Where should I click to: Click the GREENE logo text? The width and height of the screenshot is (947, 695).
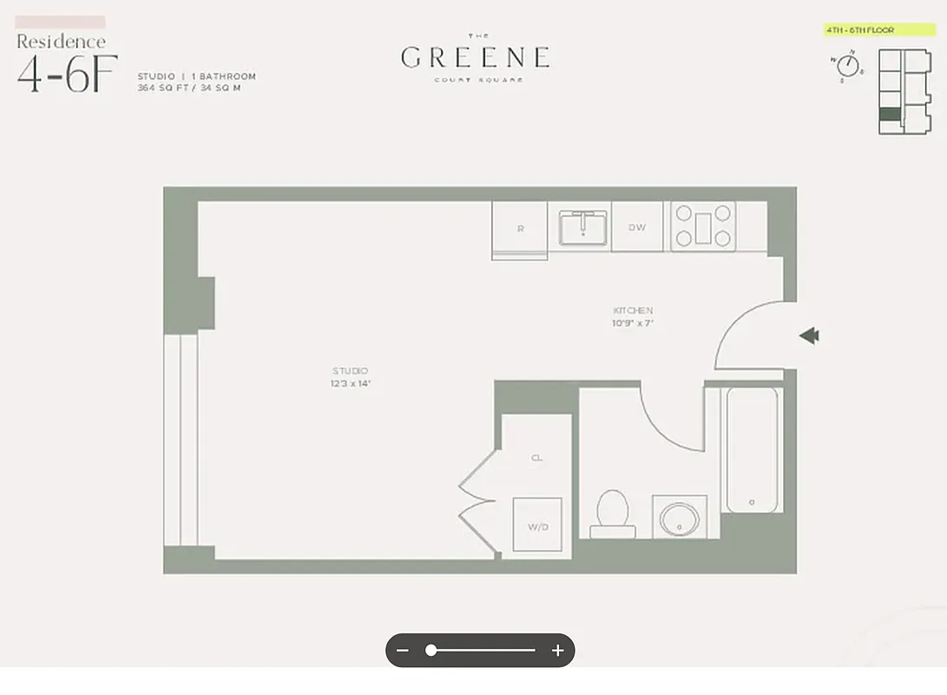coord(475,57)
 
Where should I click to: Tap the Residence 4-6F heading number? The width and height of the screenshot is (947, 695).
coord(67,75)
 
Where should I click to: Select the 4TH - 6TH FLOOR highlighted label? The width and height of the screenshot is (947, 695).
coord(867,30)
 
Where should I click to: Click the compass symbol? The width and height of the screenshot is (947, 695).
coord(847,65)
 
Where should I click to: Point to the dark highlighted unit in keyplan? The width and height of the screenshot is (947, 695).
coord(890,114)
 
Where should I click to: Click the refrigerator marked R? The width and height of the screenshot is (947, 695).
coord(520,228)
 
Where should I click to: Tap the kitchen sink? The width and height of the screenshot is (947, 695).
coord(582,227)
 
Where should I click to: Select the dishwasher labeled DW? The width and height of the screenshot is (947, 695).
coord(637,228)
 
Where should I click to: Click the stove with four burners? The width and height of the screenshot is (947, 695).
coord(703,226)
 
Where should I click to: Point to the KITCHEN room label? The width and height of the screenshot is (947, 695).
coord(633,310)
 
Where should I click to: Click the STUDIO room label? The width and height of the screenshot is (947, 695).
coord(349,371)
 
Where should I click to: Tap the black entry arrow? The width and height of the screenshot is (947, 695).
coord(809,336)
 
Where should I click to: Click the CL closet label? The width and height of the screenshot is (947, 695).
coord(536,458)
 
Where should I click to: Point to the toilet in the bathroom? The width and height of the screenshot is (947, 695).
coord(613,513)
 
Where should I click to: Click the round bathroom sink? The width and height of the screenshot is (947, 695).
coord(679,519)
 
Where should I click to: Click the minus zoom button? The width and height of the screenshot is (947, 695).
coord(403,650)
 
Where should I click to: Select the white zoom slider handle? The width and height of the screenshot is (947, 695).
coord(431,650)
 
